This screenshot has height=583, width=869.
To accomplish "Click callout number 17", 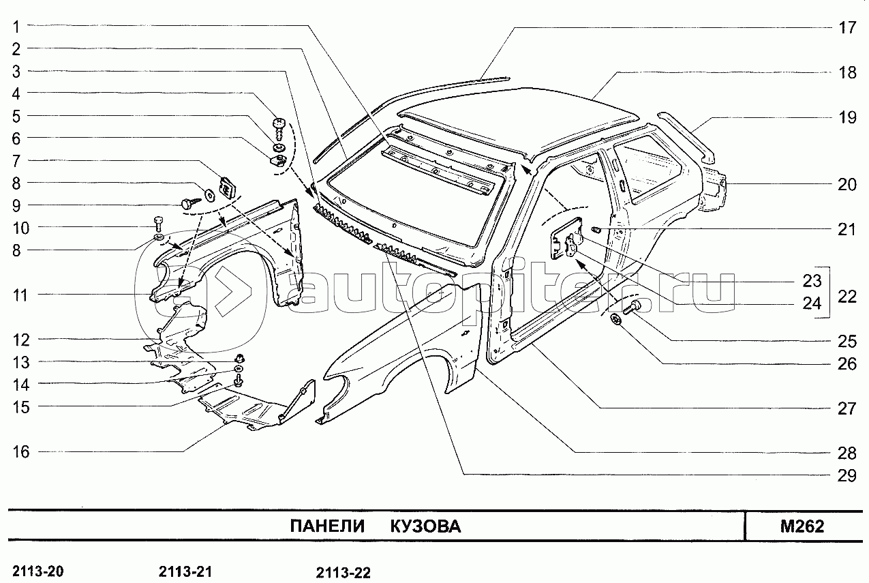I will point(847,28).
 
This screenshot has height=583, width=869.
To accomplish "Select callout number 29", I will point(847,475).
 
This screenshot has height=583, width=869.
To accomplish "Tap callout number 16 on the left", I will point(21,451).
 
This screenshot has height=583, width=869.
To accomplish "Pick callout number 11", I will point(21,295).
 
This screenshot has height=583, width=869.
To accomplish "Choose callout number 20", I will point(847,184).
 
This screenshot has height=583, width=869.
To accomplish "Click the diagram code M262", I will point(802,526).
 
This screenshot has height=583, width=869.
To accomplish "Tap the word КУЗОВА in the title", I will point(425,526).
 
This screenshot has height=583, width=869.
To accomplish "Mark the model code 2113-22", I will point(343,573).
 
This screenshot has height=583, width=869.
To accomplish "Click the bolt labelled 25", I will point(631,308).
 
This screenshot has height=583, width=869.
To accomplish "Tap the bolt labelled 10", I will point(159,222).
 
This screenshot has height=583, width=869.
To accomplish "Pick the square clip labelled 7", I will point(227,187).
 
